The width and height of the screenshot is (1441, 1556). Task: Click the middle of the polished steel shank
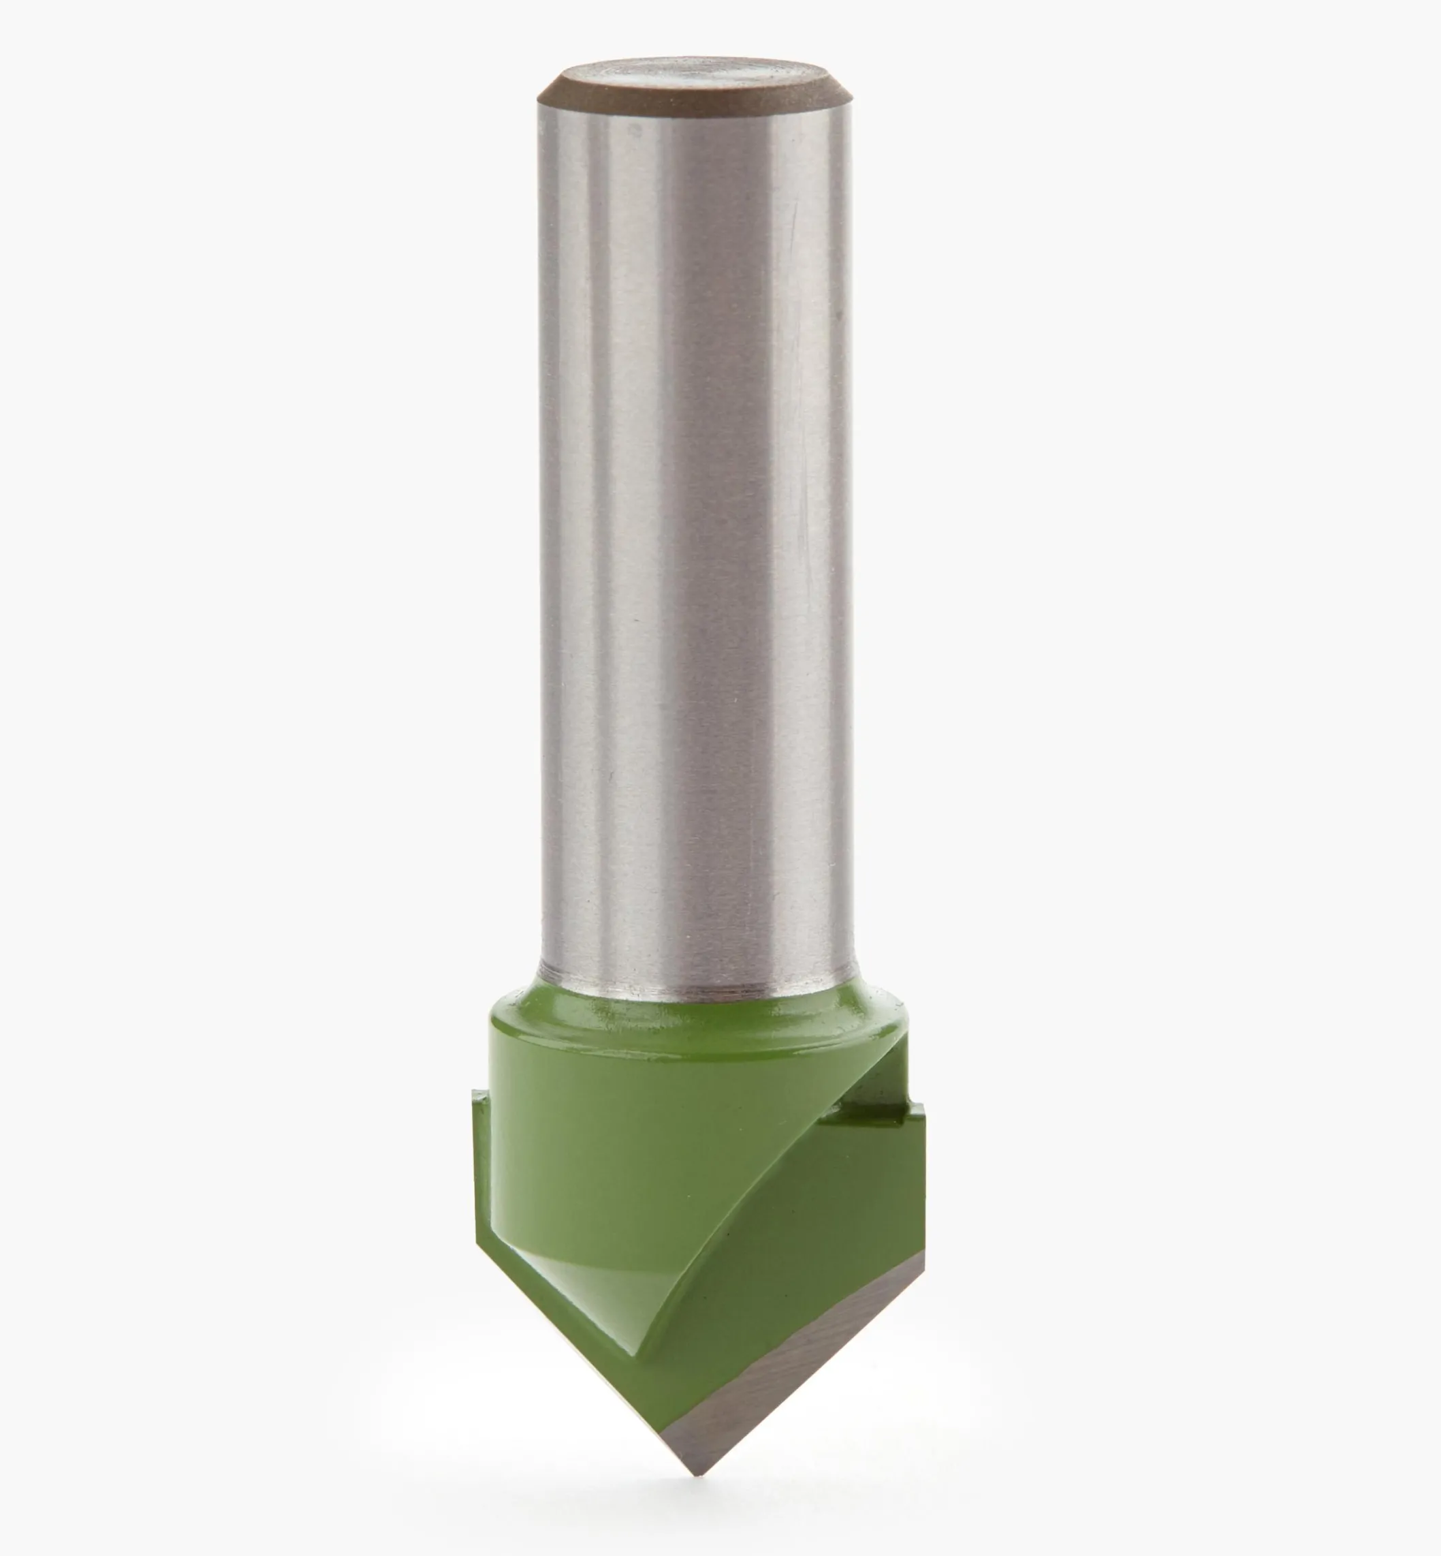[x=693, y=546]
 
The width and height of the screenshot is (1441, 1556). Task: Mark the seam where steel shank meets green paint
[x=693, y=996]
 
